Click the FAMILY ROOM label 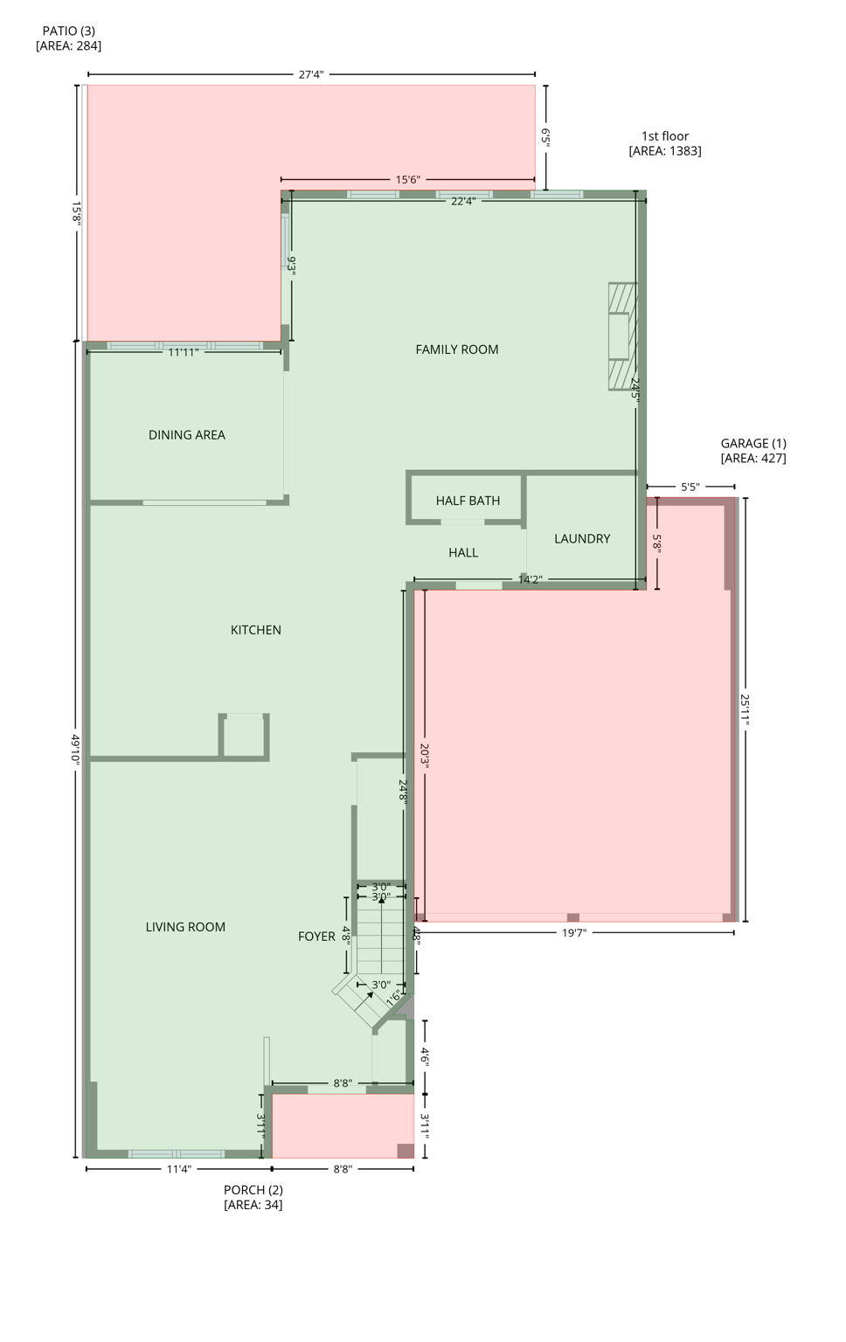(x=456, y=349)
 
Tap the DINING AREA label (x=186, y=435)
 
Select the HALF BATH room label (x=468, y=501)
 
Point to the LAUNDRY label (x=581, y=539)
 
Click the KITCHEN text (x=255, y=630)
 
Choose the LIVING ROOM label (x=185, y=927)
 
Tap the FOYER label (x=316, y=937)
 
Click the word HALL (x=462, y=553)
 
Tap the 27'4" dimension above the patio (x=311, y=75)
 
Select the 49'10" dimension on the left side (x=76, y=749)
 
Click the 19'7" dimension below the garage (x=573, y=933)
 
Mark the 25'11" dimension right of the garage (x=745, y=709)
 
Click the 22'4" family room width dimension (x=462, y=201)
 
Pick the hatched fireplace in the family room (x=622, y=336)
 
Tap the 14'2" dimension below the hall (x=530, y=579)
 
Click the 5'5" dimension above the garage (x=690, y=488)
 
